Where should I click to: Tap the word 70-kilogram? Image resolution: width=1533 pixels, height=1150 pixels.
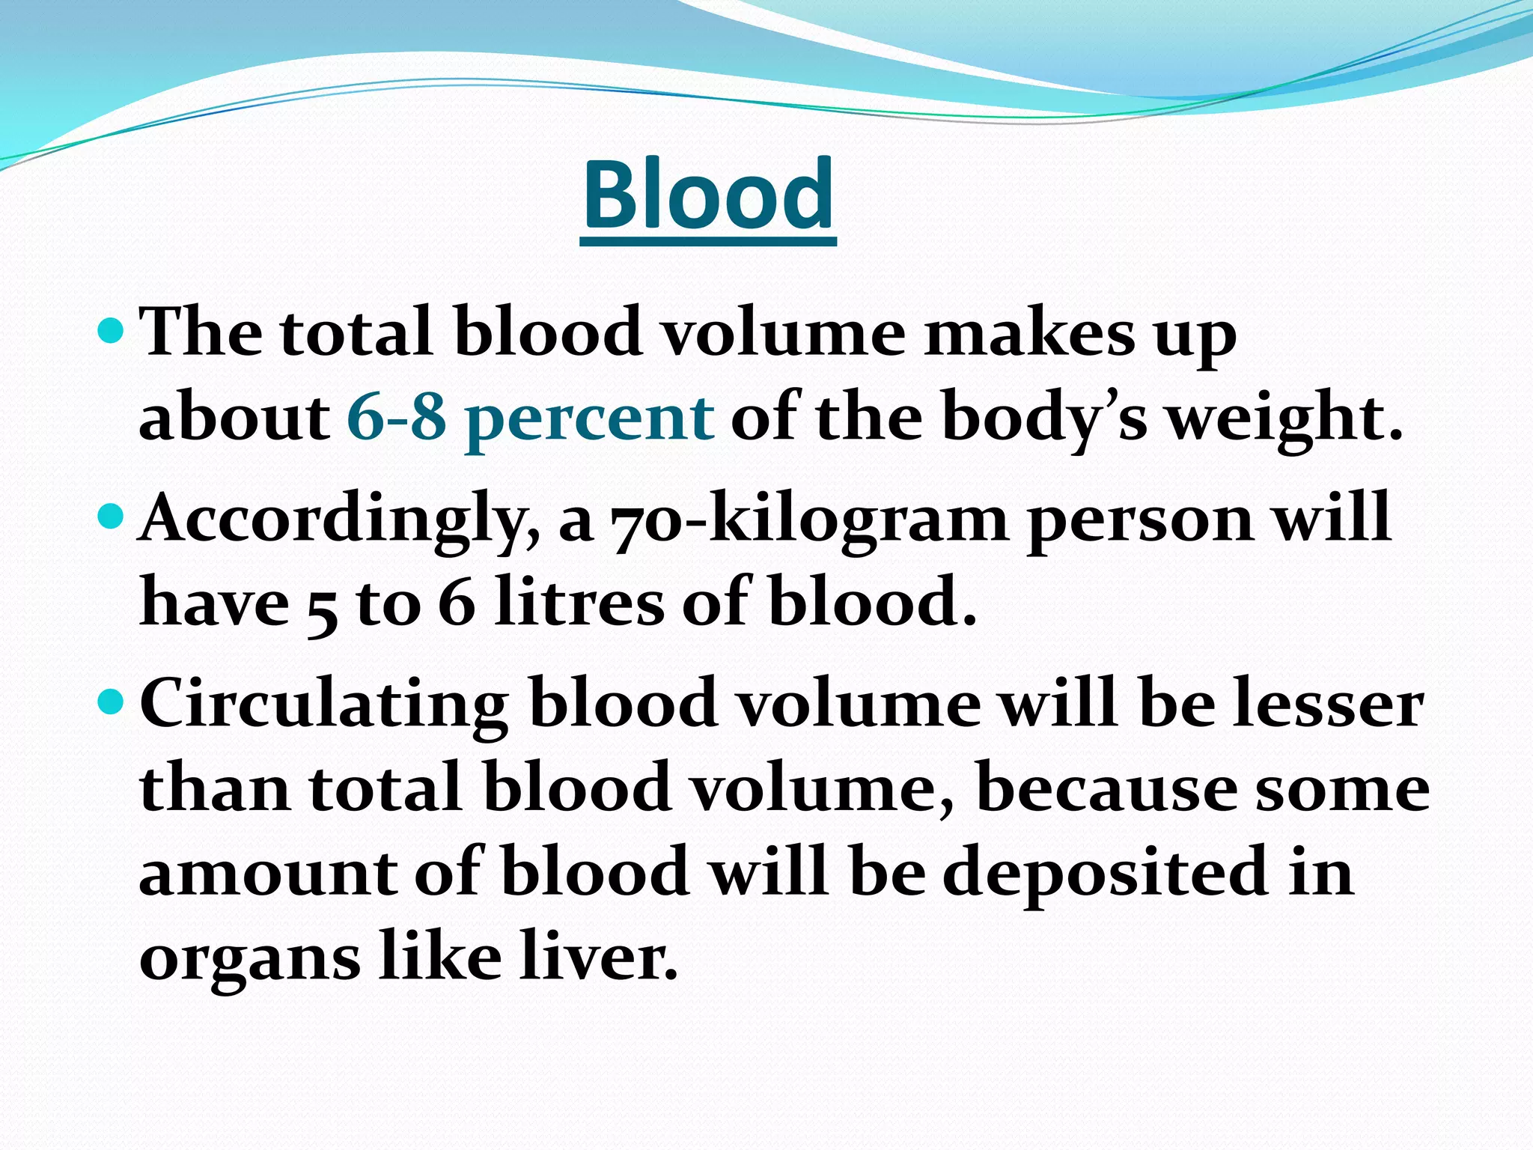(x=809, y=519)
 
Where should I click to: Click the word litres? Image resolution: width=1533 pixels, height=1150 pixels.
(x=579, y=601)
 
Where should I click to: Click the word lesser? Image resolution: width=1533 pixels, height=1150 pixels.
(x=1328, y=705)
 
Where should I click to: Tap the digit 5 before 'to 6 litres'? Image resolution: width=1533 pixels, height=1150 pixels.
(x=322, y=606)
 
